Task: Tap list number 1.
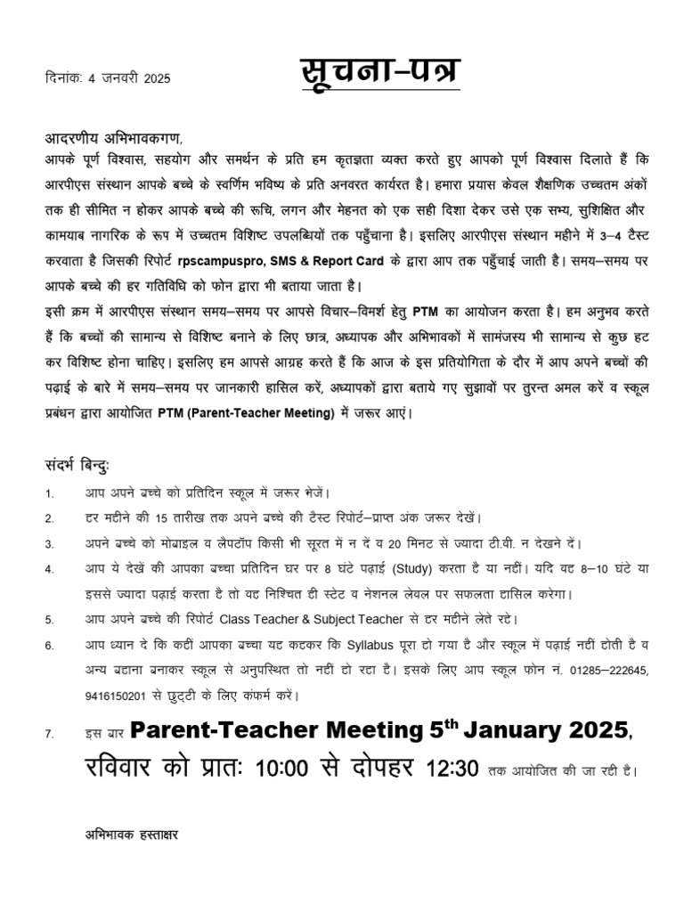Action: pyautogui.click(x=50, y=493)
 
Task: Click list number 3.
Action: pyautogui.click(x=50, y=543)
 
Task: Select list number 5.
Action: pyautogui.click(x=50, y=619)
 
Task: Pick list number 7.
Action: pyautogui.click(x=50, y=735)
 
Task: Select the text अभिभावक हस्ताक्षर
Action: pyautogui.click(x=133, y=837)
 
